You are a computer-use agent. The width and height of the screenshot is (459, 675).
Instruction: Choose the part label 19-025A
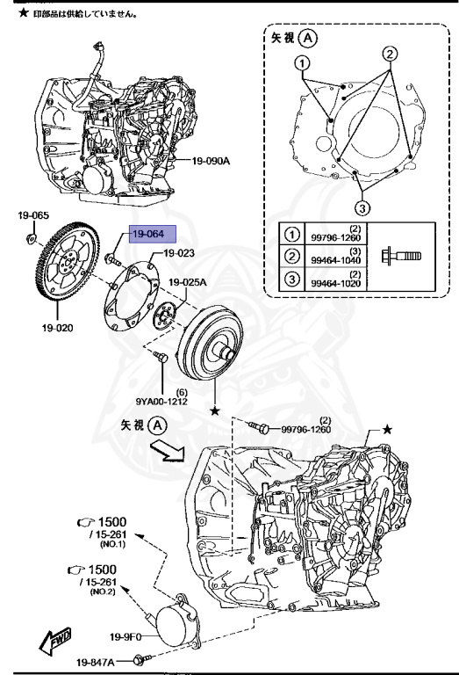[185, 282]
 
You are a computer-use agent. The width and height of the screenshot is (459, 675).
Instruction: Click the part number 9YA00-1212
[182, 402]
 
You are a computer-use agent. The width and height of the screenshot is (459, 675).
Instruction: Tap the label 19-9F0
[126, 636]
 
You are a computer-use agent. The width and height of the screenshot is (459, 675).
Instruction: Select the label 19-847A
[96, 662]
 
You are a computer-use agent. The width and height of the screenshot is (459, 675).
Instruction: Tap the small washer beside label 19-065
[31, 237]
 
